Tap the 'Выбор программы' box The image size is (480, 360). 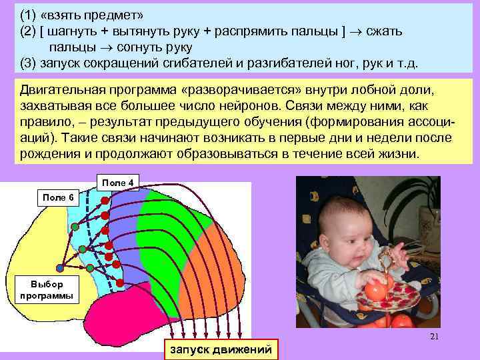[x=46, y=289]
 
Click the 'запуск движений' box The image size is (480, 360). [x=221, y=349]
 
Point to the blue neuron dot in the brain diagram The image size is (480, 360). [x=60, y=268]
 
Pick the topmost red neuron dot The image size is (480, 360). [x=104, y=199]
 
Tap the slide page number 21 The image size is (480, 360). [x=434, y=337]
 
